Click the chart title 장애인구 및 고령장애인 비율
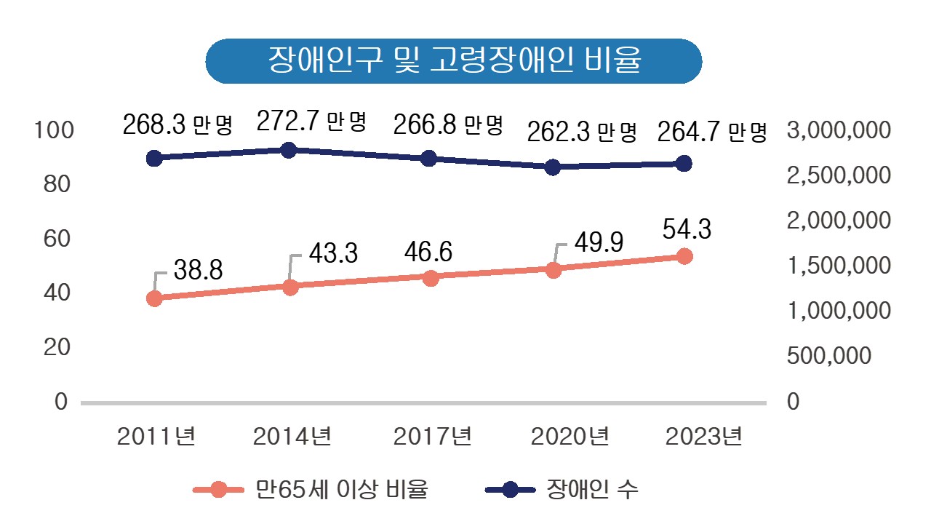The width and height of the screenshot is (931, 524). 454,60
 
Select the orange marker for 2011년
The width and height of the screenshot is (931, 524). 154,298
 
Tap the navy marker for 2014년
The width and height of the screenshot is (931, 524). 288,150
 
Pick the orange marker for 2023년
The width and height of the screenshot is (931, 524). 684,256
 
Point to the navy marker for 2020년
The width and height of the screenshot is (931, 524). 553,167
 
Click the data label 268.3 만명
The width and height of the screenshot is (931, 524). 177,125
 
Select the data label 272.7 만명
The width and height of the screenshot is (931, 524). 311,120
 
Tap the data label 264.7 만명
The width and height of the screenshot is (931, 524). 712,132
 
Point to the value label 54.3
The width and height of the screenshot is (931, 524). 687,229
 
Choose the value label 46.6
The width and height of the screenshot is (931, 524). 429,252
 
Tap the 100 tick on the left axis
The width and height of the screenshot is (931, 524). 55,130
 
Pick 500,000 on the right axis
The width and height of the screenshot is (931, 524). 828,356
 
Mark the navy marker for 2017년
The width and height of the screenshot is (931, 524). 428,159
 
